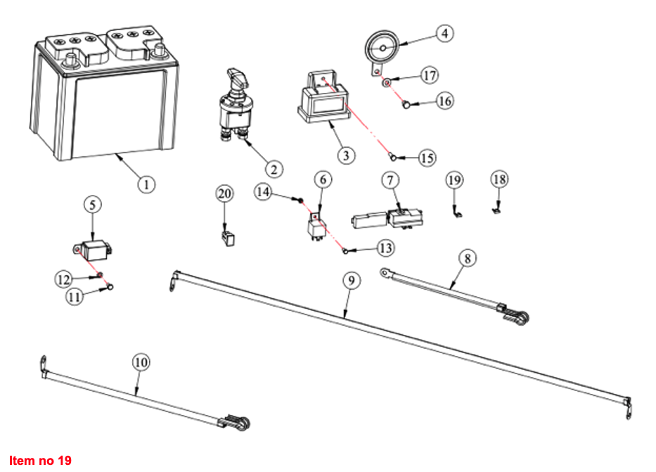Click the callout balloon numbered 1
[x=146, y=184]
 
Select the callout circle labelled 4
[x=444, y=33]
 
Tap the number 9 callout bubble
[x=352, y=279]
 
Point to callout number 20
[x=224, y=193]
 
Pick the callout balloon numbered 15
[x=427, y=158]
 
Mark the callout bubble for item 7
[x=390, y=180]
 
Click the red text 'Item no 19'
[x=40, y=461]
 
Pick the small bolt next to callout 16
[x=406, y=105]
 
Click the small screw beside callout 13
[x=345, y=250]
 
